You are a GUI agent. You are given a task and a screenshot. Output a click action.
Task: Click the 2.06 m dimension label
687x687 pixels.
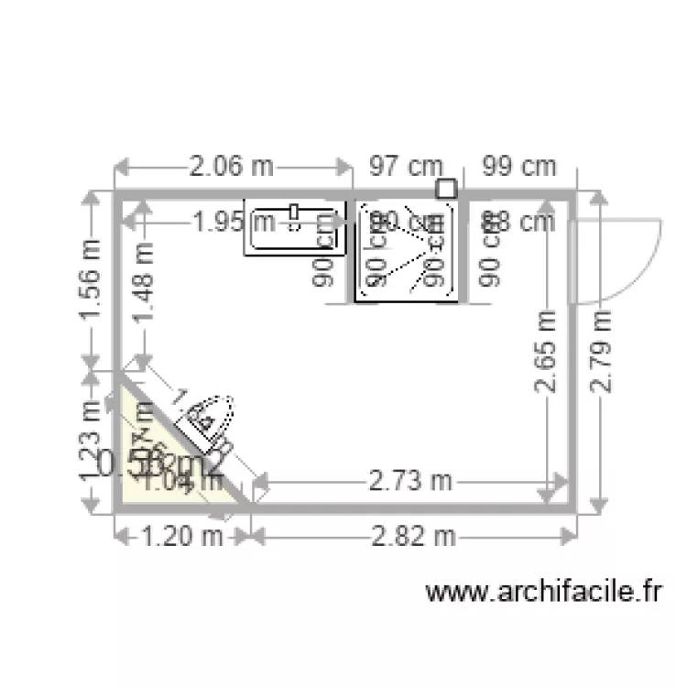231,167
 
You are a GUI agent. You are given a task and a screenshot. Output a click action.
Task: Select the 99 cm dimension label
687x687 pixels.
519,167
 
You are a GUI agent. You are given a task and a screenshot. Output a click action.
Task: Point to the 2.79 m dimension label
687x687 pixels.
600,352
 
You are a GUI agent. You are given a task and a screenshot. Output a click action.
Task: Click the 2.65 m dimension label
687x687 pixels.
547,352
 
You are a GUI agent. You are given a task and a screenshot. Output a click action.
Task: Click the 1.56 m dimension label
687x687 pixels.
90,278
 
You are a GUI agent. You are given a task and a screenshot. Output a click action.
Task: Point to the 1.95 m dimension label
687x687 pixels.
233,221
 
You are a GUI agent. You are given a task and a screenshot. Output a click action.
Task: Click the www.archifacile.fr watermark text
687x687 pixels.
543,593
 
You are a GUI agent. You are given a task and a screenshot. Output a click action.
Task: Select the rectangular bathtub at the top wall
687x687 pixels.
294,227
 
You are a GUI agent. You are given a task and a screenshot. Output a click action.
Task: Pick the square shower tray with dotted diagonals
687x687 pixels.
407,251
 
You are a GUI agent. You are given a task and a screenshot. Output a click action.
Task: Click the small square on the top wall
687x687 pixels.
446,189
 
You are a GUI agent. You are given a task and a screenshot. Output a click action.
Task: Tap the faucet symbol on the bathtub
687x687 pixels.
294,213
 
